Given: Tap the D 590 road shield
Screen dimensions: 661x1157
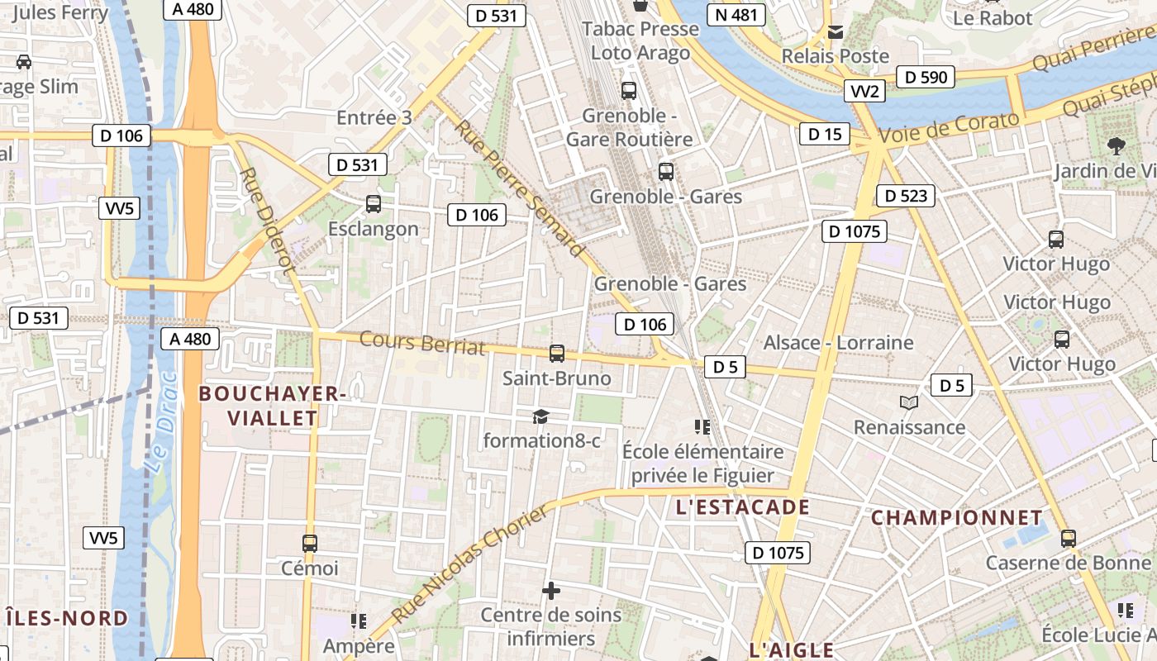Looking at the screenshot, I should click(x=926, y=77).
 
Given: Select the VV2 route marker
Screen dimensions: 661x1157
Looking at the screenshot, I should click(x=864, y=91).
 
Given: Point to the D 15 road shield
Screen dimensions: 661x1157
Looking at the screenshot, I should click(x=824, y=134).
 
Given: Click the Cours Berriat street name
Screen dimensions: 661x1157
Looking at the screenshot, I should click(x=421, y=342).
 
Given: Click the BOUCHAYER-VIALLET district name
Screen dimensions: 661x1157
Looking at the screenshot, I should click(x=272, y=406).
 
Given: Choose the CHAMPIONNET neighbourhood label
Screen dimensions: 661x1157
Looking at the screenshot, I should click(x=957, y=518).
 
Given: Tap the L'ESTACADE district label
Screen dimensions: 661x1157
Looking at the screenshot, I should click(x=742, y=507).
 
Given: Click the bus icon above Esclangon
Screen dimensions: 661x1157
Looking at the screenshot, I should click(x=374, y=203).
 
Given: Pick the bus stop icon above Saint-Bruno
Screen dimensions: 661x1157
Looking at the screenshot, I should click(x=557, y=354).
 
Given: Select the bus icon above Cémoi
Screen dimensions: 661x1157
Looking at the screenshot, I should click(x=310, y=544).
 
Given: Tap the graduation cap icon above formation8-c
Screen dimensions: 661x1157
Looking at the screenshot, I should click(x=540, y=416).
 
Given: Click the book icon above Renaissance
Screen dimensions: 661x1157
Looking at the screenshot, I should click(x=909, y=402).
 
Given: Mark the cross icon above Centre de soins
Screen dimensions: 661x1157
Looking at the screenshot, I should click(x=550, y=591).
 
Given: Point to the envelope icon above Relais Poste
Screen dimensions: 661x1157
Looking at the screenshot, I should click(x=836, y=32).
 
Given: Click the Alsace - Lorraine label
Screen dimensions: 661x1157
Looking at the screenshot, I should click(x=838, y=342).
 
